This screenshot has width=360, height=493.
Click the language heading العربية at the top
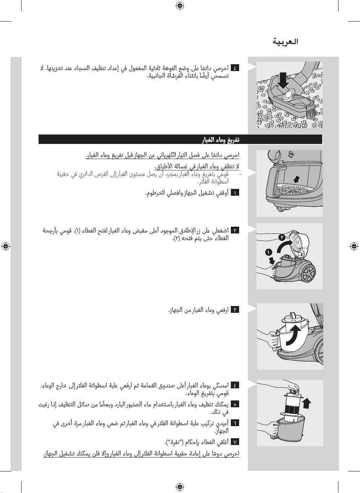click(285, 42)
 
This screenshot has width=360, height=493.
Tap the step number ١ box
click(235, 193)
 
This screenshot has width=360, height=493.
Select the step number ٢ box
click(235, 230)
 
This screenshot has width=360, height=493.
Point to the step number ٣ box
click(235, 310)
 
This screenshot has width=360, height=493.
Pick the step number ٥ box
click(235, 404)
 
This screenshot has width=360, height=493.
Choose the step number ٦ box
click(235, 423)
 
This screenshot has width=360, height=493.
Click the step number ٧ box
click(235, 442)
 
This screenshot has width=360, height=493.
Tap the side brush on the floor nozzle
click(310, 111)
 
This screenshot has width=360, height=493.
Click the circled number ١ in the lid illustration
click(268, 252)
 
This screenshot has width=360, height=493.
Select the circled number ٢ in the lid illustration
click(282, 237)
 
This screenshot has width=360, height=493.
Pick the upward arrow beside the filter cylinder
click(306, 403)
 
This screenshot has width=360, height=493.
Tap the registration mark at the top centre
click(180, 5)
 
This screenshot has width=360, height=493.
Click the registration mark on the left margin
click(5, 246)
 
